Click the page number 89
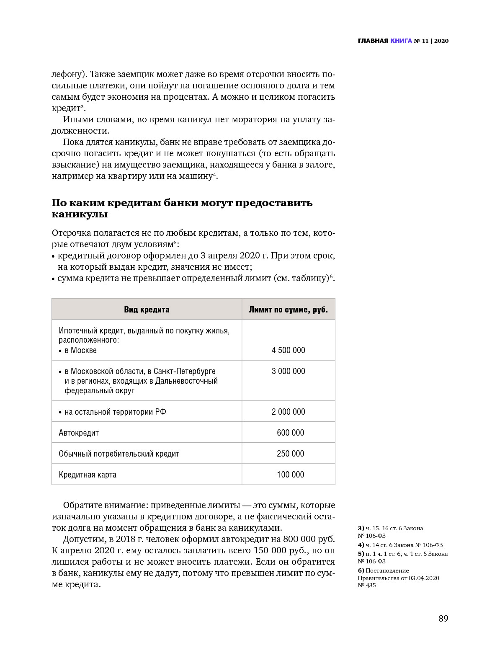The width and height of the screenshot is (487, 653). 443,618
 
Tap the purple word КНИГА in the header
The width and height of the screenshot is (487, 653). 401,41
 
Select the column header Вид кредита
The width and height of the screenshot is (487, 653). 147,310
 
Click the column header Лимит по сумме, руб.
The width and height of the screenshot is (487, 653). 288,310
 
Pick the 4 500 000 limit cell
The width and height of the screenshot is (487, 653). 288,350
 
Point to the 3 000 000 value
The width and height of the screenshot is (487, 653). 288,371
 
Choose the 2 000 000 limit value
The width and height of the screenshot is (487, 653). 288,412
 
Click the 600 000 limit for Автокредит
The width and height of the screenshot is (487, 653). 290,433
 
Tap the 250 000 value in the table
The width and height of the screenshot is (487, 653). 290,454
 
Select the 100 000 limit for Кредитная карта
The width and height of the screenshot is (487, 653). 290,475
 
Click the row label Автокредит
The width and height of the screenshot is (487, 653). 79,433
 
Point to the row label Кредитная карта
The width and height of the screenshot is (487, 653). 88,475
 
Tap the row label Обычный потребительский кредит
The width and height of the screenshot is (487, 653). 119,454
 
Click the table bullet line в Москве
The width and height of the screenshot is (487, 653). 80,350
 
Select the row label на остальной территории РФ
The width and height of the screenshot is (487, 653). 115,412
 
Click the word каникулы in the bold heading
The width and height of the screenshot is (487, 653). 80,214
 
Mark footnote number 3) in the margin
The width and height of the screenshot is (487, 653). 361,528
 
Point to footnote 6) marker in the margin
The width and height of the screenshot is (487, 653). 361,570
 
